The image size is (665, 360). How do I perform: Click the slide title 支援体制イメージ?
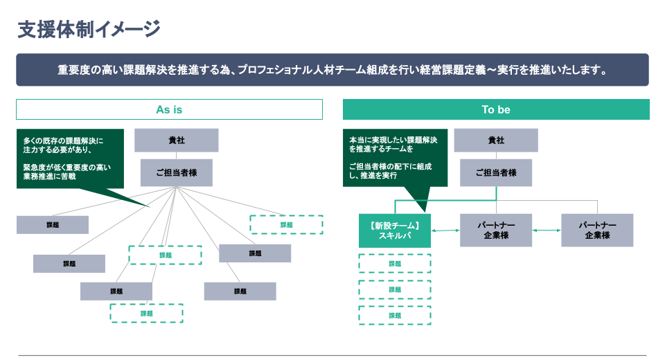[89, 29]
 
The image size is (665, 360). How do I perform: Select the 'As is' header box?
[169, 109]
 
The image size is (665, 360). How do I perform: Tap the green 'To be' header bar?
[496, 109]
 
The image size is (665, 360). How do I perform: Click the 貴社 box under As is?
[177, 141]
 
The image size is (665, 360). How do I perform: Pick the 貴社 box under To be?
[496, 141]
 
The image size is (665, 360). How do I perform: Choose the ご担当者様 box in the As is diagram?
[177, 173]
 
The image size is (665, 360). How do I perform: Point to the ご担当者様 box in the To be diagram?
[496, 173]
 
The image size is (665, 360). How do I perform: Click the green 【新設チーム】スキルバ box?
[395, 231]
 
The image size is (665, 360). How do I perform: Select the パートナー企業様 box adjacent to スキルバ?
[496, 231]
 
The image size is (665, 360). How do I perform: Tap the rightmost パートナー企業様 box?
[597, 231]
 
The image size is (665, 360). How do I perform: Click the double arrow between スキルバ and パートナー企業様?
[445, 231]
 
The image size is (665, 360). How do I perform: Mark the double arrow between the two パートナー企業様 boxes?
[547, 231]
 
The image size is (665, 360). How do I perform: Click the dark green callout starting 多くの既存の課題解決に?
[69, 158]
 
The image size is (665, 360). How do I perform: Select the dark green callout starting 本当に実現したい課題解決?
[395, 157]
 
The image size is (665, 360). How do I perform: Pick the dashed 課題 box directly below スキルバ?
[395, 264]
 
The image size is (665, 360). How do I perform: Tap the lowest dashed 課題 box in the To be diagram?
[395, 315]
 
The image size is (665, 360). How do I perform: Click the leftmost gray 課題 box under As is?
[53, 225]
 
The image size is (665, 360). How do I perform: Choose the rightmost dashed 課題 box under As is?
[286, 225]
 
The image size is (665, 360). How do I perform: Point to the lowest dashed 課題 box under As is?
[146, 314]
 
